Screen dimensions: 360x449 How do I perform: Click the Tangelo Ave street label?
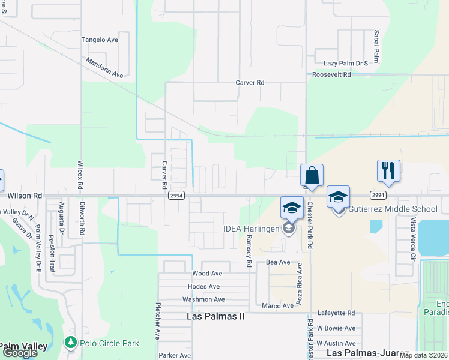(100, 40)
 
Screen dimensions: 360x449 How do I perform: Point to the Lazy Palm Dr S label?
(345, 63)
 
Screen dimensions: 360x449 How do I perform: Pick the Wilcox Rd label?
(80, 175)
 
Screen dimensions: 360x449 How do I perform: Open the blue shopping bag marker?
(312, 175)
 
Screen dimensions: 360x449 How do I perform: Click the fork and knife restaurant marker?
(388, 170)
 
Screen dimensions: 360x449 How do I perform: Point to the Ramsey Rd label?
(248, 251)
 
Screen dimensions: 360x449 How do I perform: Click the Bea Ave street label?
(278, 263)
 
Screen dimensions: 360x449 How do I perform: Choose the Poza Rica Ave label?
(298, 278)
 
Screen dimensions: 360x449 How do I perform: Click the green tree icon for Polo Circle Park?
(70, 343)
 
